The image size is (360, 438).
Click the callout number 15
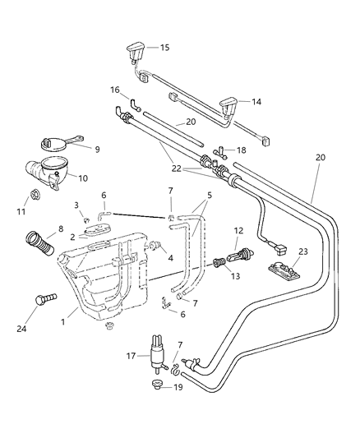click(164, 48)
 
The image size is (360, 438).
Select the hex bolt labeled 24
click(46, 298)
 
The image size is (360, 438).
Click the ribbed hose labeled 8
click(39, 243)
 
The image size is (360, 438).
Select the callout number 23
click(303, 251)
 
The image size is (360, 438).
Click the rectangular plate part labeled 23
click(284, 270)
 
